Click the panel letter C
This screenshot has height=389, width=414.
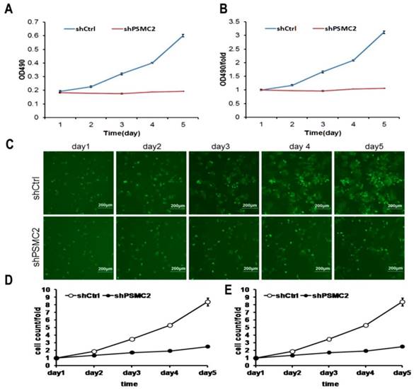(9, 144)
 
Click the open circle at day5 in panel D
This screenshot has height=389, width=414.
(188, 302)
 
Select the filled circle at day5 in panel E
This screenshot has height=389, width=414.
(402, 346)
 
